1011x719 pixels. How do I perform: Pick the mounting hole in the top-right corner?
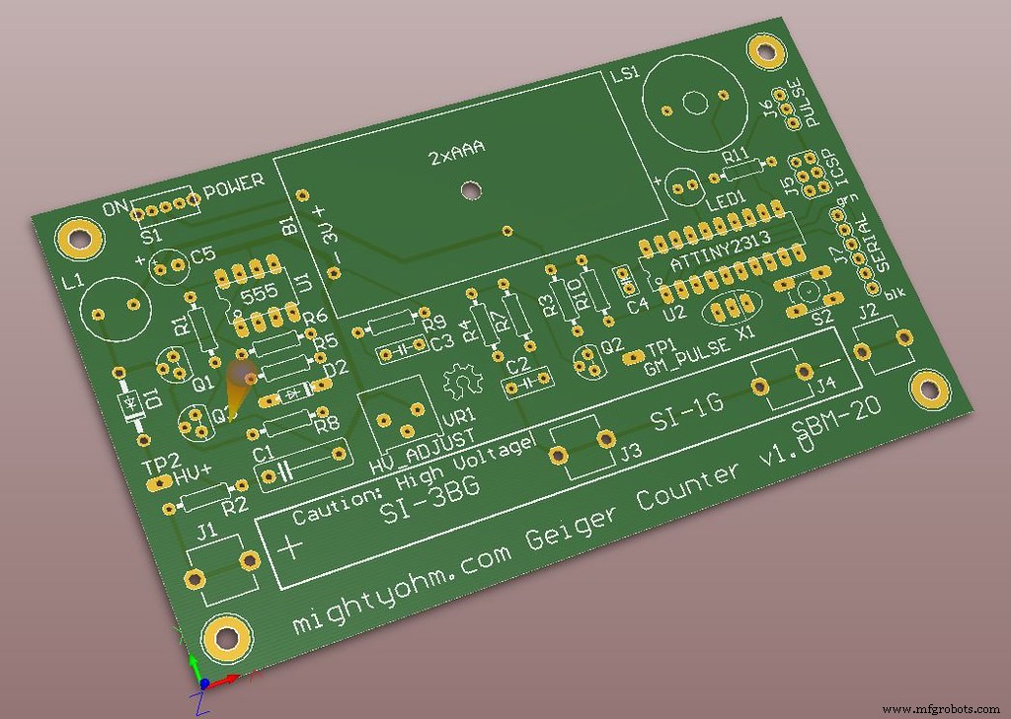pos(765,50)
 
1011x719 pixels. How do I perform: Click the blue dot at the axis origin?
pos(203,683)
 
